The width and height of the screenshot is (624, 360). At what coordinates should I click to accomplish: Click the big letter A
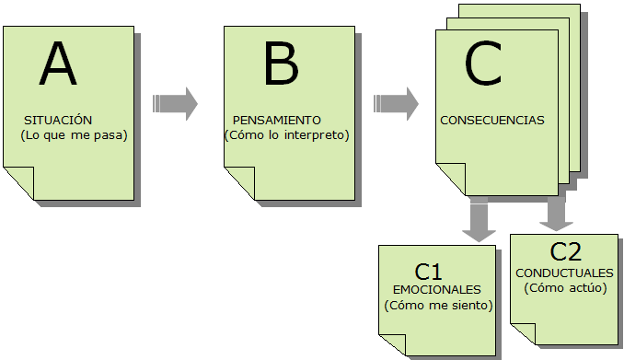[59, 67]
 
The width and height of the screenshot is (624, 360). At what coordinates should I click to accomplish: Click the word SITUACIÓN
[59, 121]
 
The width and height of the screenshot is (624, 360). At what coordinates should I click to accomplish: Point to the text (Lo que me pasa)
[74, 135]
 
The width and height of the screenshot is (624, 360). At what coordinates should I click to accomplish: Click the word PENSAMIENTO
[277, 121]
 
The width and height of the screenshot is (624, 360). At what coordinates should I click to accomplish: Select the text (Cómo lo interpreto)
[287, 135]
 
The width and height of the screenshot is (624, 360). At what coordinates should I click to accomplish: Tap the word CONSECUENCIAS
[492, 120]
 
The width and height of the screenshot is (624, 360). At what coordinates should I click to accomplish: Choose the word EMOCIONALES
[436, 289]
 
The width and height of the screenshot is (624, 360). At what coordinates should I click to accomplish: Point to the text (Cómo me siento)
[438, 305]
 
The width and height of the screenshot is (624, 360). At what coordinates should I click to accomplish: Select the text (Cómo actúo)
[564, 287]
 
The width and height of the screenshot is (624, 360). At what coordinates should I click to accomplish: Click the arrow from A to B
[176, 103]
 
